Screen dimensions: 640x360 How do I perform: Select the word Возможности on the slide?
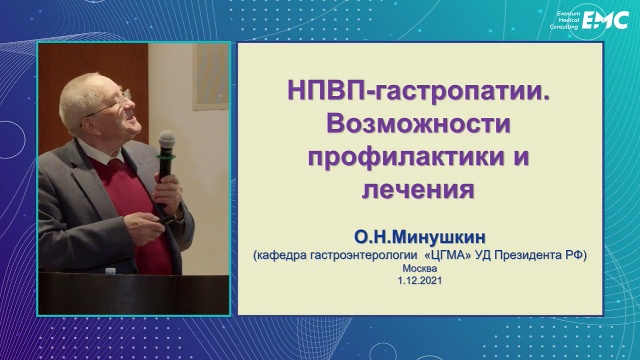[418, 125]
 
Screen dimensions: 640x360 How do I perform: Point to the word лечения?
[418, 190]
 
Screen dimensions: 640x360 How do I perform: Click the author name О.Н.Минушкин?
[420, 237]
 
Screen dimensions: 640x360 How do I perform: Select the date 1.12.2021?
[420, 281]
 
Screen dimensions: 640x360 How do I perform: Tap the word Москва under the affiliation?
[420, 269]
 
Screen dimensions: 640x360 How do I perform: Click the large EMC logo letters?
[605, 20]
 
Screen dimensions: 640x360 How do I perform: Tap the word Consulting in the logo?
[564, 27]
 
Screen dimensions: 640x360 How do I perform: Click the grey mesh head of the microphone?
[166, 142]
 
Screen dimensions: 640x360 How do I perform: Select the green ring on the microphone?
[166, 157]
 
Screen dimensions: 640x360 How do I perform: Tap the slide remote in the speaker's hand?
[164, 220]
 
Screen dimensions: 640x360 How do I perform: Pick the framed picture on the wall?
[211, 77]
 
